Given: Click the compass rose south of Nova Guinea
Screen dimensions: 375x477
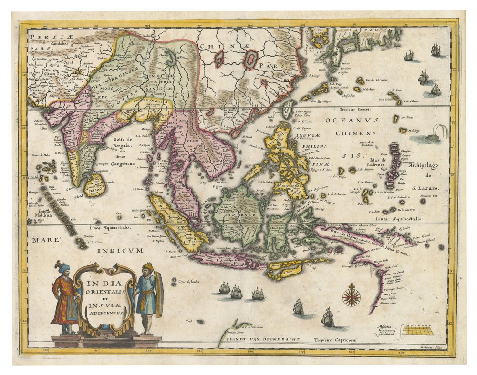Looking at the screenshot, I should [352, 294].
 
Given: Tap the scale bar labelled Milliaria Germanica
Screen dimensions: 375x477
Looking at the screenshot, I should [418, 330].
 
